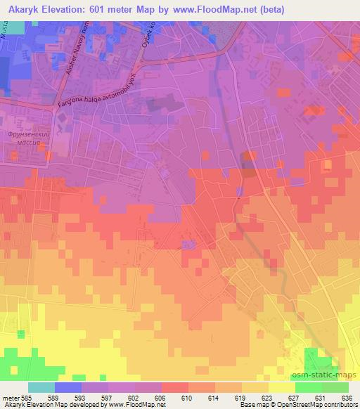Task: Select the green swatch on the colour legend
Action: click(x=308, y=387)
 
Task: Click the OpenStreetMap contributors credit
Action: click(x=314, y=405)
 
